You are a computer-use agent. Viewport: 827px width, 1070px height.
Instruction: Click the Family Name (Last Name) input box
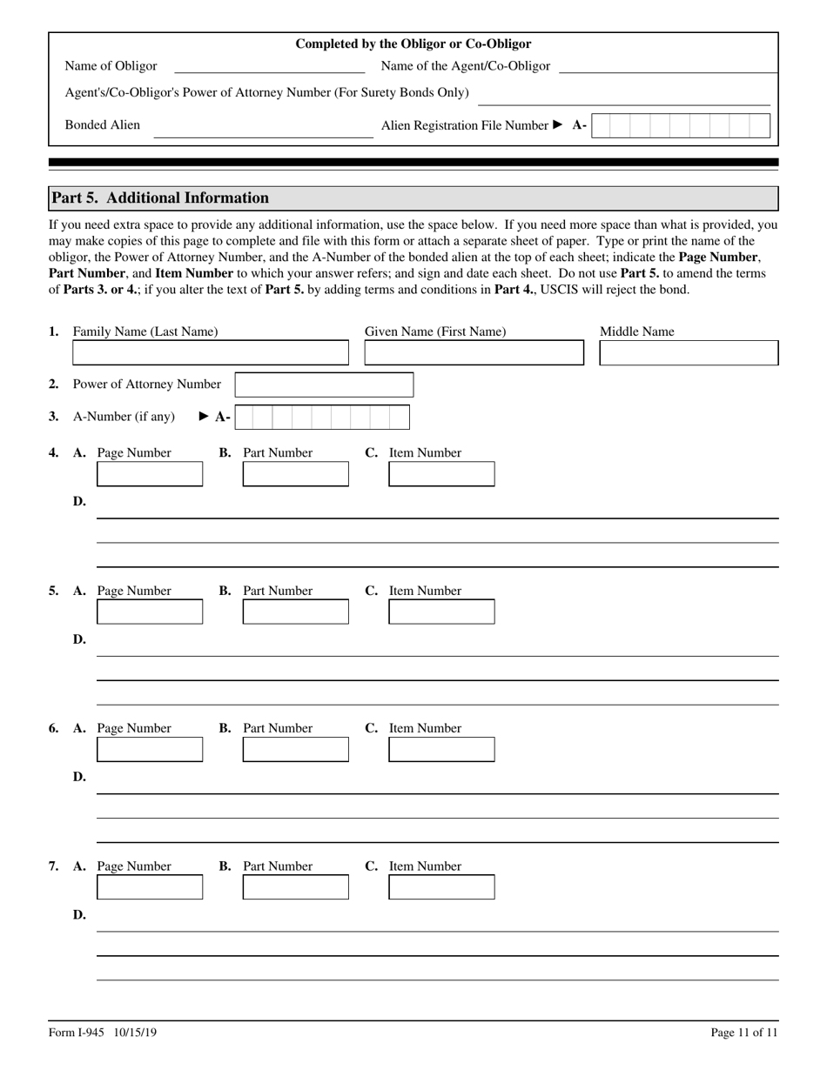coord(210,353)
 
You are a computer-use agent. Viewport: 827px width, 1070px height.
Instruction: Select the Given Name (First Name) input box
coord(474,353)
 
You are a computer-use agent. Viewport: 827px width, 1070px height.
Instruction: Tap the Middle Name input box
coord(689,353)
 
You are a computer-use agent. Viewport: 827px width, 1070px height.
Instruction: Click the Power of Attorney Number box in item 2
coord(324,385)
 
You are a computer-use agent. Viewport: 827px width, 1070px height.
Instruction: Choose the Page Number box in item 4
coord(150,475)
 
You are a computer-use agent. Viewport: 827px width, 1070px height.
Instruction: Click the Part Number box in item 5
coord(295,612)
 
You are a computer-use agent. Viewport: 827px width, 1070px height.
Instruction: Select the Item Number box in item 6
coord(441,750)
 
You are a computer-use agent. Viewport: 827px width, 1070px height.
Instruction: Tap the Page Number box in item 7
coord(150,887)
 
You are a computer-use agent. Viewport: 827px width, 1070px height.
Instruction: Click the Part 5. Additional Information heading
coord(160,198)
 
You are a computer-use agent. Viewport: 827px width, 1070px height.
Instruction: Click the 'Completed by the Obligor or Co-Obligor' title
coord(413,44)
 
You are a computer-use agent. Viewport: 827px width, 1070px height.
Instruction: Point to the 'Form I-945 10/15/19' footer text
coord(103,1033)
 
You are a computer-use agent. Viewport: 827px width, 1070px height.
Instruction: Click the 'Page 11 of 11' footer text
coord(744,1033)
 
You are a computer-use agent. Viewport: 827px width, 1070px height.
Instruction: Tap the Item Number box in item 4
coord(441,475)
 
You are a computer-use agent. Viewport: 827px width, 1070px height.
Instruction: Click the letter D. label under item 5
coord(79,639)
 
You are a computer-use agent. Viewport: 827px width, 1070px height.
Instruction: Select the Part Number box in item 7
coord(295,887)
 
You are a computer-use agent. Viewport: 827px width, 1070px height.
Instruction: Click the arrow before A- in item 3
coord(205,417)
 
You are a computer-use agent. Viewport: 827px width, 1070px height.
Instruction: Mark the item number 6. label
coord(54,728)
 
